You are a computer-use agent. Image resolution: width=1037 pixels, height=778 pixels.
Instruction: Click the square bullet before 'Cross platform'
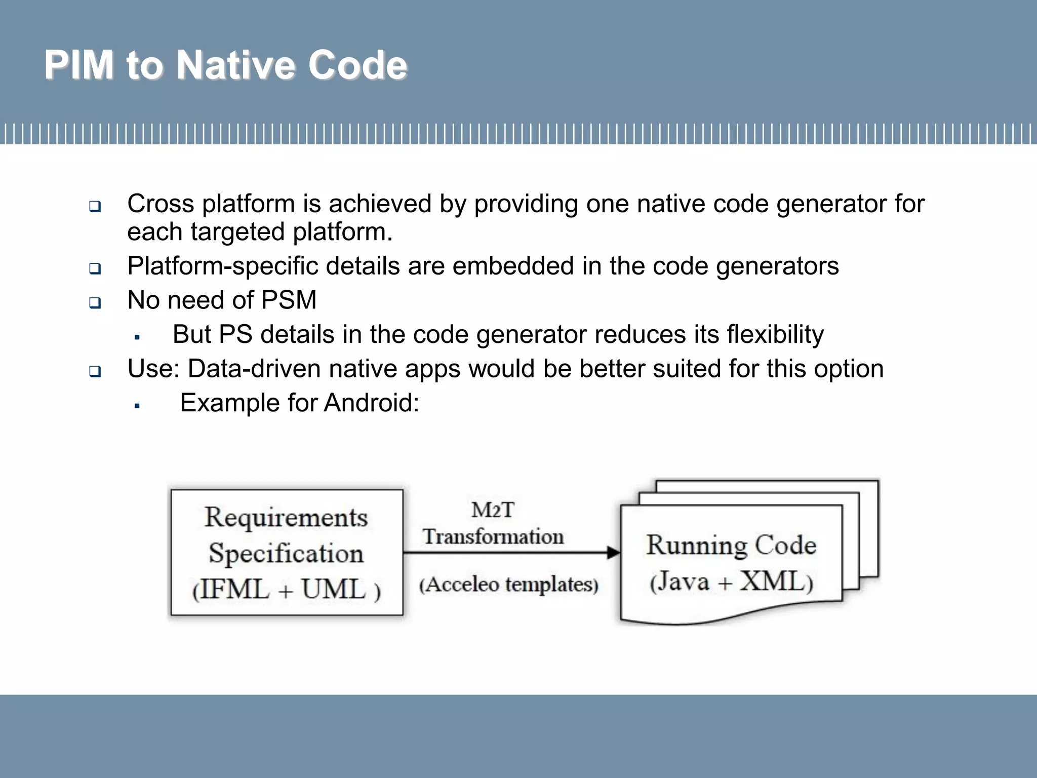coord(95,206)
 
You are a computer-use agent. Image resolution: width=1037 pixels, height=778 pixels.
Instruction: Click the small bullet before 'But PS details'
coord(137,337)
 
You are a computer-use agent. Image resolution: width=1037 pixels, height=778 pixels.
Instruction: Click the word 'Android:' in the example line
coord(371,403)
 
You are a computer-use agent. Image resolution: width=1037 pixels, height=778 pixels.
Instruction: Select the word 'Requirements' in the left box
coord(286,518)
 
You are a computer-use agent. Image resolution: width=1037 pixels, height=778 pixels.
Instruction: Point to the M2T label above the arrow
coord(492,510)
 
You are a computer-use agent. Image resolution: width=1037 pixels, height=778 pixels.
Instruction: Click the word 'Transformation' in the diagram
coord(493,536)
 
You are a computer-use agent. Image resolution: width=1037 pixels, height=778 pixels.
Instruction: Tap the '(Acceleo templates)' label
coord(508,585)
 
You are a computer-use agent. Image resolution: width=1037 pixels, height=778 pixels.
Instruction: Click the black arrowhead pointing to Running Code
coord(613,553)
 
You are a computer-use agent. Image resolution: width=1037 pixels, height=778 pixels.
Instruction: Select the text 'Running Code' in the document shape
coord(731,546)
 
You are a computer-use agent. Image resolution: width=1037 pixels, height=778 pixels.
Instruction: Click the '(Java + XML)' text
coord(731,581)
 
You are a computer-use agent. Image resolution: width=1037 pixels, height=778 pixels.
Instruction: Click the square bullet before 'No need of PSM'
coord(95,303)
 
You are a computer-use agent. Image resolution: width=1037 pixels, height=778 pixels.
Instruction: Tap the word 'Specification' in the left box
coord(286,553)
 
